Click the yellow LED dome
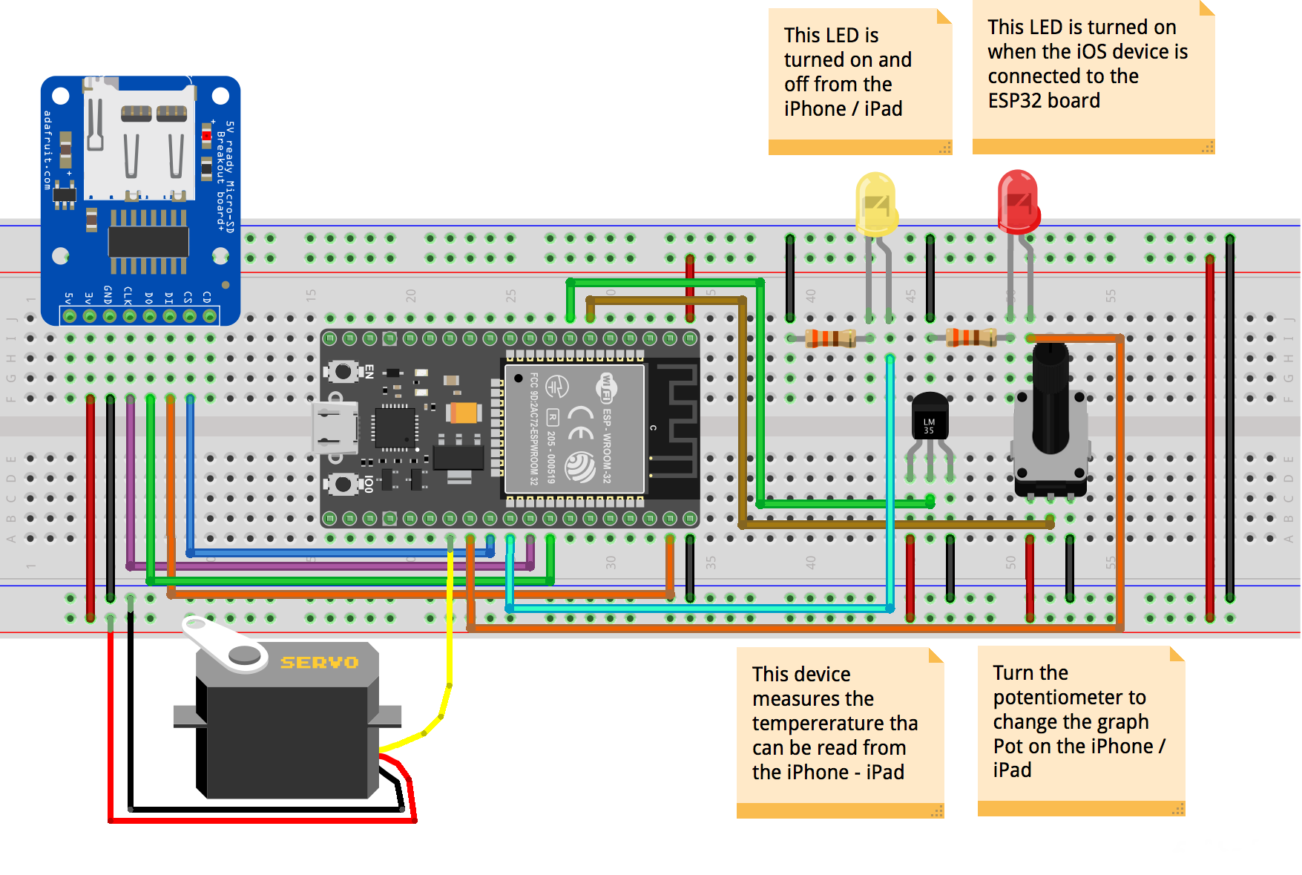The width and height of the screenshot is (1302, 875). [875, 203]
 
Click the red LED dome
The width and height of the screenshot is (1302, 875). [1018, 200]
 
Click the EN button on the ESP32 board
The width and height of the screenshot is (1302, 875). [343, 371]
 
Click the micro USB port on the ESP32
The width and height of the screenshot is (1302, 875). [333, 428]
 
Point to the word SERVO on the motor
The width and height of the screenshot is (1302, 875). [319, 662]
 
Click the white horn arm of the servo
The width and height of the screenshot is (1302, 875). [223, 642]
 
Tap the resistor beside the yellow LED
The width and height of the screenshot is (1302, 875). [830, 338]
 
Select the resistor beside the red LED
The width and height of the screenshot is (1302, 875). [970, 338]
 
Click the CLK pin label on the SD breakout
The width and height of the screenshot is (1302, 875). [128, 296]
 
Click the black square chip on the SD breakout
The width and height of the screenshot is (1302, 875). [148, 242]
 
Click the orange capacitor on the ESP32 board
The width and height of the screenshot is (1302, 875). [464, 413]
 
